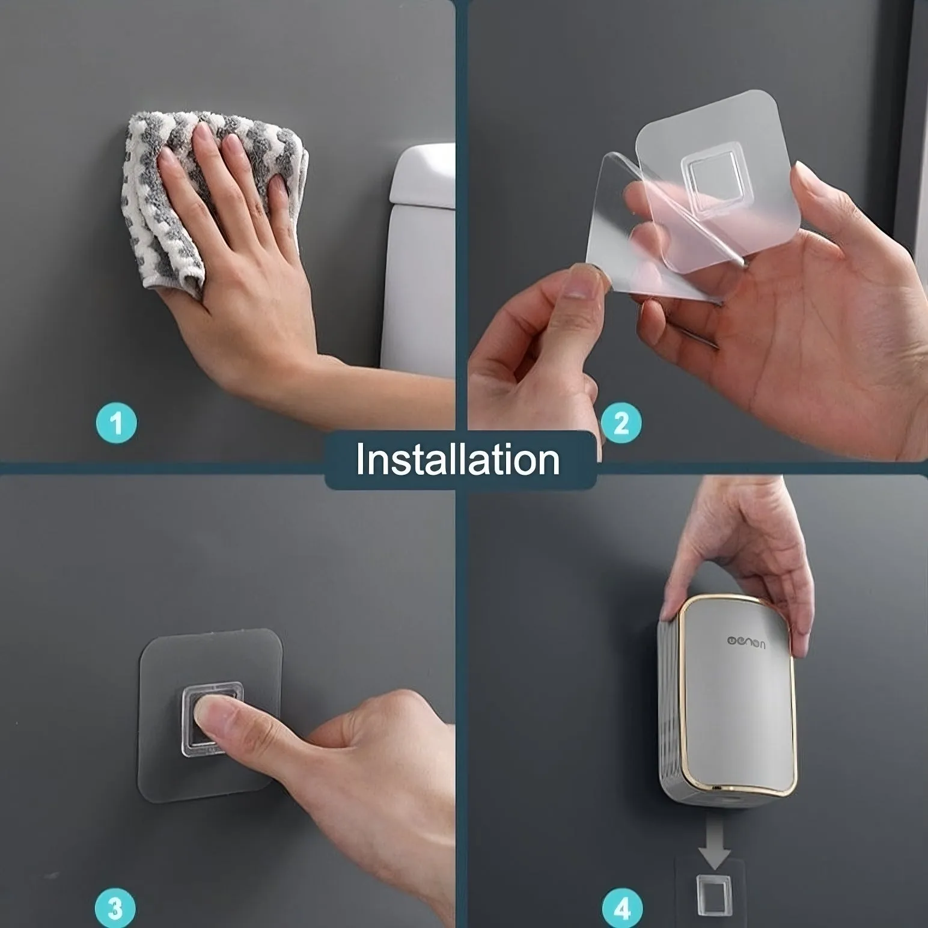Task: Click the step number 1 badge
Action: point(116,423)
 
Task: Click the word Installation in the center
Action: point(458,460)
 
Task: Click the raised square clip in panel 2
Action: point(712,177)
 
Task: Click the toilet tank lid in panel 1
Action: point(424,174)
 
